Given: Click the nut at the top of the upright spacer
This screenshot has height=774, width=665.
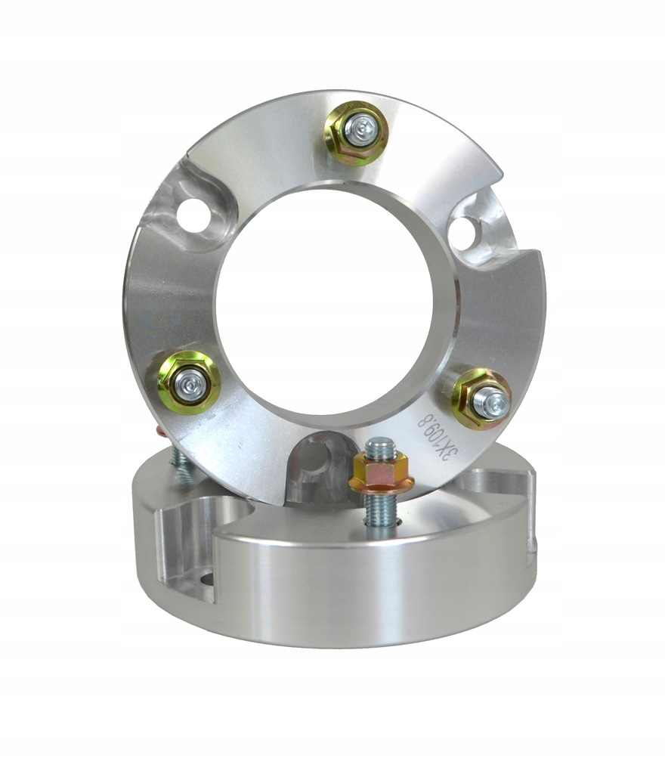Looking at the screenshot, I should pos(356,133).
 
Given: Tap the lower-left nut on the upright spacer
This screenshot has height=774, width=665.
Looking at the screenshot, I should pos(189,382).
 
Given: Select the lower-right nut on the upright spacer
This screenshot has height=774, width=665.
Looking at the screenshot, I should pos(481,398).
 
